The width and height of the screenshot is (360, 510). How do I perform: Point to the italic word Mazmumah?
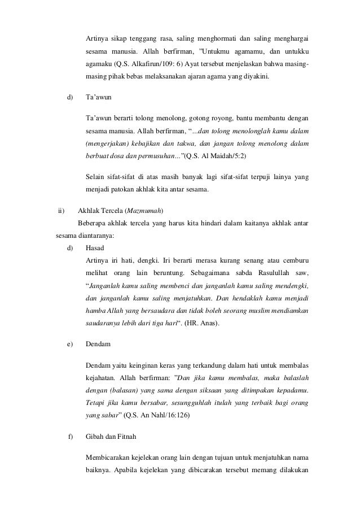click(146, 211)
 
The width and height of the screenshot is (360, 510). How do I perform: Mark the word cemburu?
click(296, 260)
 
